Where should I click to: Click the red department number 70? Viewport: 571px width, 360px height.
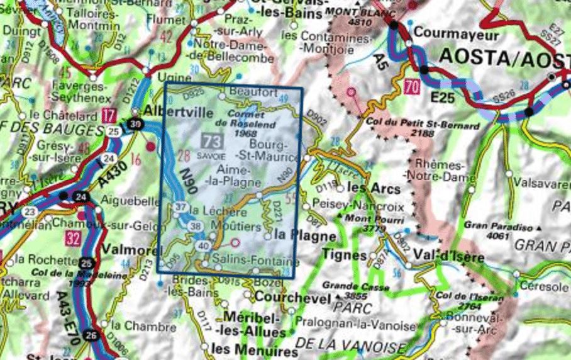coord(412,86)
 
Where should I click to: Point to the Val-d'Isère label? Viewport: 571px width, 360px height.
coord(448,257)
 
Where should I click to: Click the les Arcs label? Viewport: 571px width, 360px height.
coord(365,188)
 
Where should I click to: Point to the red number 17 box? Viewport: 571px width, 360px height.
coord(108,115)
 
